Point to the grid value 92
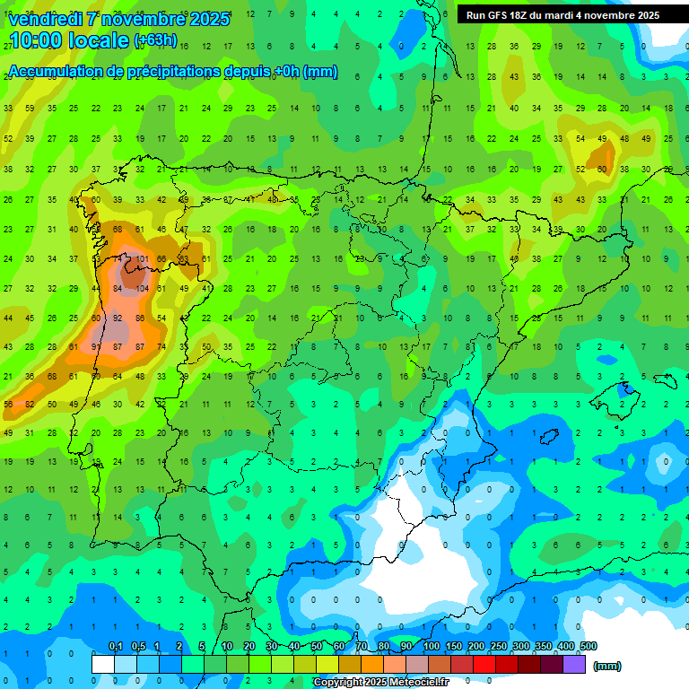coord(118,318)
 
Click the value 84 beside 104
coord(118,289)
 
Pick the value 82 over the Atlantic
coord(30,405)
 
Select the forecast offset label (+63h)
coord(155,40)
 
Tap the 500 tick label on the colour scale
coord(588,646)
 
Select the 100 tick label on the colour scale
coord(431,646)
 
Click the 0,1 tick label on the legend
coord(115,646)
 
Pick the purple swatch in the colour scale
coord(575,664)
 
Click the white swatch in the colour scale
coord(103,664)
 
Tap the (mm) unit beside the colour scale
coord(607,666)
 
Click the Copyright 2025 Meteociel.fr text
coord(393,682)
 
